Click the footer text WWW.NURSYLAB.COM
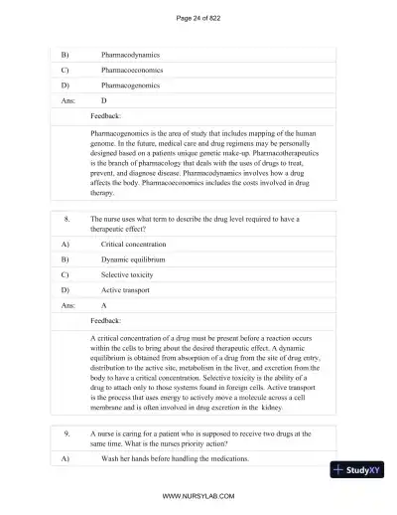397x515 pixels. (198, 494)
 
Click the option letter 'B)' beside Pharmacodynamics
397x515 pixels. (66, 55)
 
